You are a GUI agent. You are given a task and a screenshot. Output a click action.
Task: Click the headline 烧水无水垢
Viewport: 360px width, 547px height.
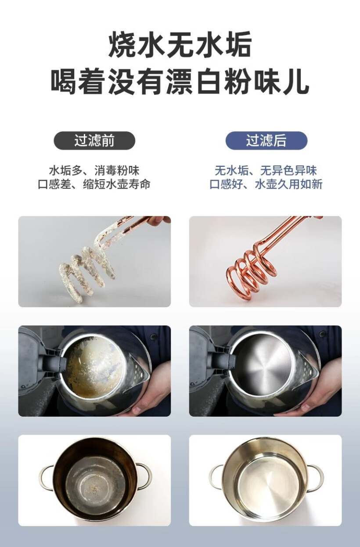tap(180, 45)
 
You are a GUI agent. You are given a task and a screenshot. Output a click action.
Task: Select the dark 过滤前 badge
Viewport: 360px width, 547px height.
tap(94, 140)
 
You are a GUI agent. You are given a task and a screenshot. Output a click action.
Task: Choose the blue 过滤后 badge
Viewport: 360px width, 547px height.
tap(266, 140)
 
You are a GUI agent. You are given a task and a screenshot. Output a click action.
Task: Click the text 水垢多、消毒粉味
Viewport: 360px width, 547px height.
tap(94, 170)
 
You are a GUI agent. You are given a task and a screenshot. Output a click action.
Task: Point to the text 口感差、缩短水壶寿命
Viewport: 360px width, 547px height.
tap(94, 184)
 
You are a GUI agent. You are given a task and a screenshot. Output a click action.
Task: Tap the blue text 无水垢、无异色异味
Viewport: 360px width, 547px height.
tap(266, 170)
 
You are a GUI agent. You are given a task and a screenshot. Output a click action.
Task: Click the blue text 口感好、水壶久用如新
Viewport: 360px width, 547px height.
tap(266, 184)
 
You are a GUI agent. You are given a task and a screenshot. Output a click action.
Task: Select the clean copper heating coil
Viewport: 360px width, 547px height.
tap(250, 272)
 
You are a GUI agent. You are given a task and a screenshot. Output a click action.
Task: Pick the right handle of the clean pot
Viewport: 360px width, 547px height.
tap(315, 476)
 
